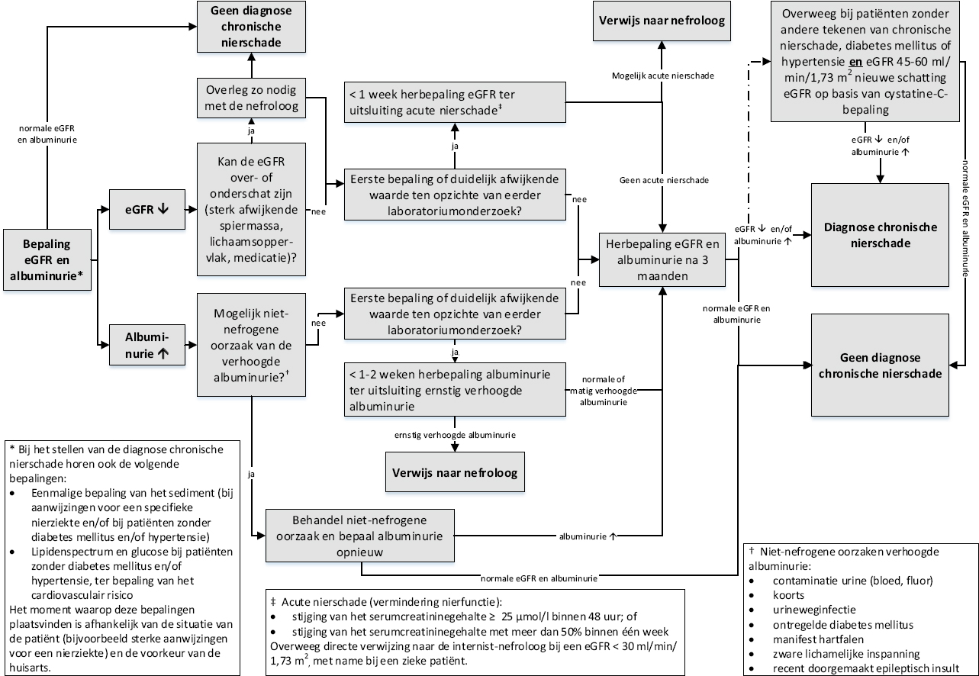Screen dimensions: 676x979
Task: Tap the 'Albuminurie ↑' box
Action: point(143,345)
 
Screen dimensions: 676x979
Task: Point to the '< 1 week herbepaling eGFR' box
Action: point(456,101)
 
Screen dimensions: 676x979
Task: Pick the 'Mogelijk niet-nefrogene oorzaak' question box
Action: point(252,345)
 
